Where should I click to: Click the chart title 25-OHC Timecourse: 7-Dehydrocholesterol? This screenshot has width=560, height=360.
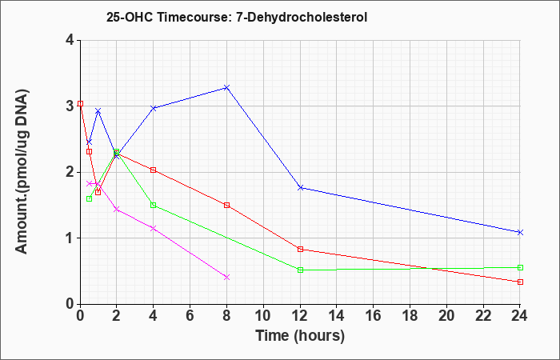click(x=237, y=17)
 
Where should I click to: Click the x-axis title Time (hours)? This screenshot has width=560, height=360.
click(x=300, y=336)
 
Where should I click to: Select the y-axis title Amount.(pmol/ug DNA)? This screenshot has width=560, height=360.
click(x=22, y=171)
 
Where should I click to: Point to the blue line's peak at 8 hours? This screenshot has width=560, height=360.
click(x=226, y=87)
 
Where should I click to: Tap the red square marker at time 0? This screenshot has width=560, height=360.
click(x=80, y=103)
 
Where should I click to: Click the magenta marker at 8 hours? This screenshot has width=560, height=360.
click(x=226, y=277)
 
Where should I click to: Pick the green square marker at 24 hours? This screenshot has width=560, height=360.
click(x=520, y=267)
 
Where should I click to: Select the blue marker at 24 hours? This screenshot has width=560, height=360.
click(x=520, y=232)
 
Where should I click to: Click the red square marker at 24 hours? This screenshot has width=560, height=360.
click(x=520, y=282)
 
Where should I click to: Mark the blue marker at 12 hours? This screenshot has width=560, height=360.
click(x=300, y=187)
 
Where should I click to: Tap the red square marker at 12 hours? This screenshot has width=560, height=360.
click(x=300, y=249)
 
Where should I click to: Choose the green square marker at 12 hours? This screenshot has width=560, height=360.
click(x=300, y=270)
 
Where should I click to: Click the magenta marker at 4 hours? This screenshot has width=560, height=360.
click(x=154, y=228)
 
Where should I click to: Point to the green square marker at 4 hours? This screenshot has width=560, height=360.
click(x=154, y=205)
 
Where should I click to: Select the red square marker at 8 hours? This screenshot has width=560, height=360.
click(x=226, y=205)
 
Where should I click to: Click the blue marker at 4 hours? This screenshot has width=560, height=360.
click(x=154, y=108)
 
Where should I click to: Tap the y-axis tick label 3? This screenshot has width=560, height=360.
click(x=70, y=106)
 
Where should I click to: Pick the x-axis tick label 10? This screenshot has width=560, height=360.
click(x=263, y=316)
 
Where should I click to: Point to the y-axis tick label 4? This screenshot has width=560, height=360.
click(x=70, y=40)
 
